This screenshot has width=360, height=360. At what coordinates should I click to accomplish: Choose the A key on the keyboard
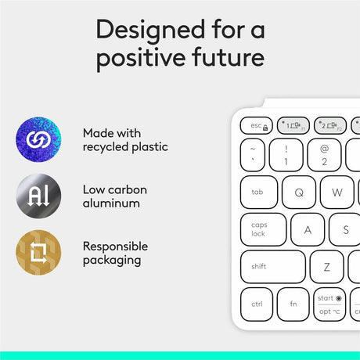pyautogui.click(x=308, y=229)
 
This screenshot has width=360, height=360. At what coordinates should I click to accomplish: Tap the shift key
pyautogui.click(x=272, y=266)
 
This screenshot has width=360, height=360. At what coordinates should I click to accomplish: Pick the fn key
pyautogui.click(x=293, y=304)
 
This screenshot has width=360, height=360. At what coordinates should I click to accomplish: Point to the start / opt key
pyautogui.click(x=330, y=304)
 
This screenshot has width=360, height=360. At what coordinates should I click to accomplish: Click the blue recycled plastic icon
pyautogui.click(x=37, y=140)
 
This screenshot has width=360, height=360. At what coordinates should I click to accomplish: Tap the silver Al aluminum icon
pyautogui.click(x=37, y=196)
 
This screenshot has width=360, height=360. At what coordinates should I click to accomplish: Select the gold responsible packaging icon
pyautogui.click(x=37, y=252)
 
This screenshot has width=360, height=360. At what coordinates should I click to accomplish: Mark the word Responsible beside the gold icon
pyautogui.click(x=114, y=245)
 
